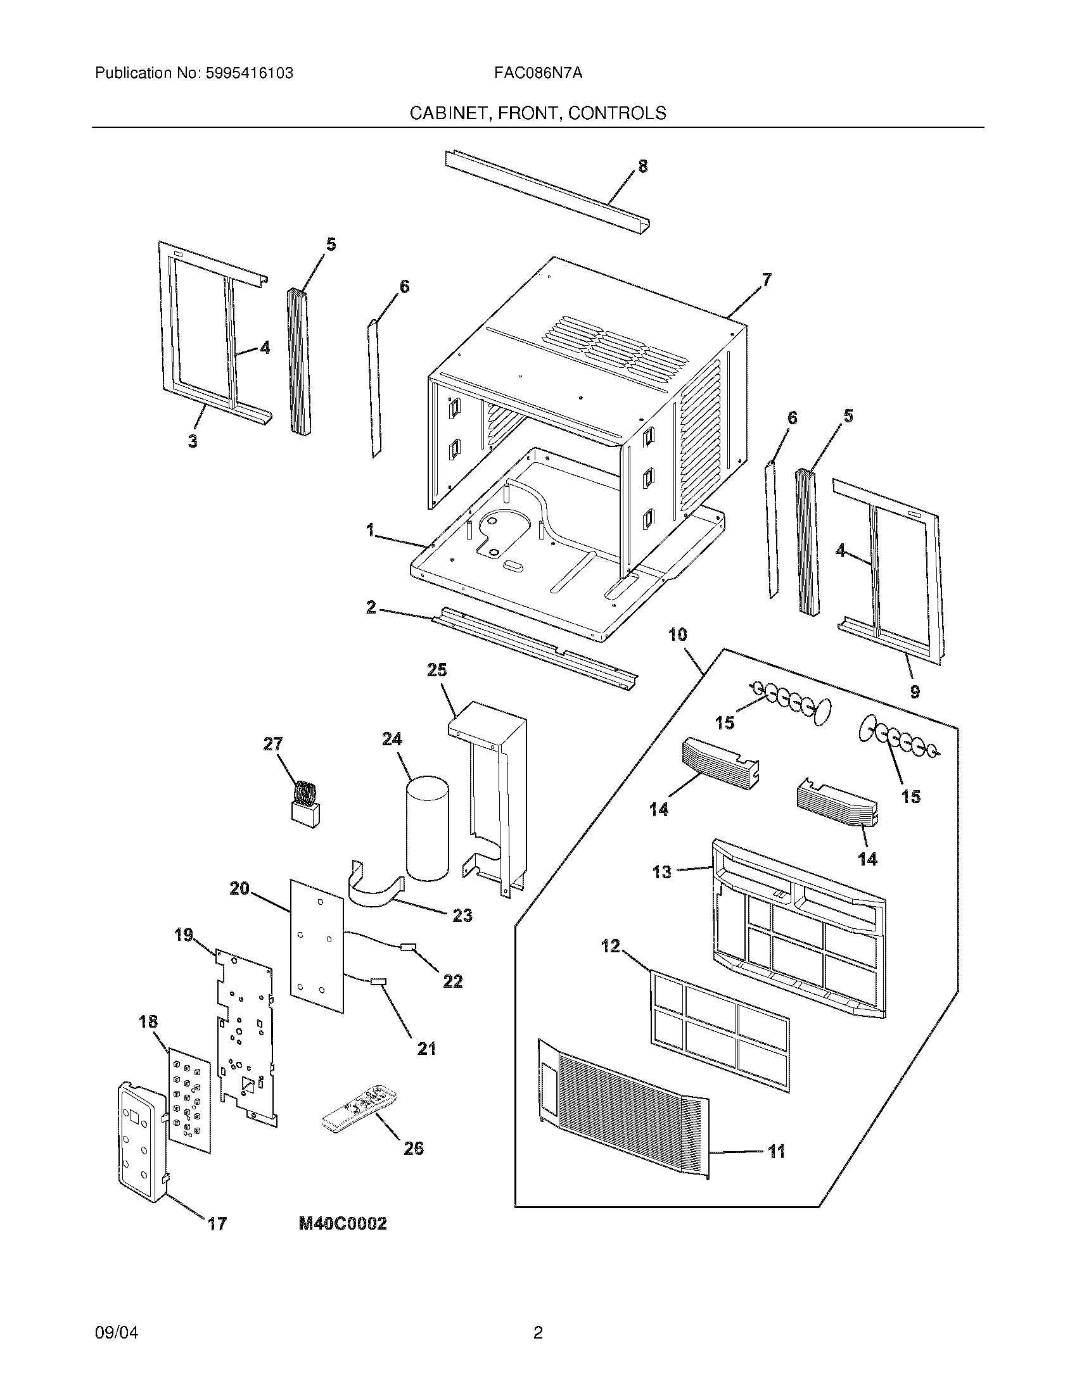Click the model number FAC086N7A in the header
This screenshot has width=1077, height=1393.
point(537,73)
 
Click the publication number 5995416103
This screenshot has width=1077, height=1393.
point(248,73)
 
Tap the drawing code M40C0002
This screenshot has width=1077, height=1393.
point(343,1223)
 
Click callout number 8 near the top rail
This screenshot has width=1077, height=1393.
point(642,167)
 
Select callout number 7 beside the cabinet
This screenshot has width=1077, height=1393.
point(766,279)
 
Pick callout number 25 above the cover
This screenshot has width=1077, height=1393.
point(437,670)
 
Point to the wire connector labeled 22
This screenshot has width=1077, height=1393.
point(407,947)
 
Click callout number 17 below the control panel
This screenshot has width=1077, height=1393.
point(217,1223)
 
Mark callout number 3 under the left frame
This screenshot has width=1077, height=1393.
point(193,441)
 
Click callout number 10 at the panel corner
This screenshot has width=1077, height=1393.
point(678,634)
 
